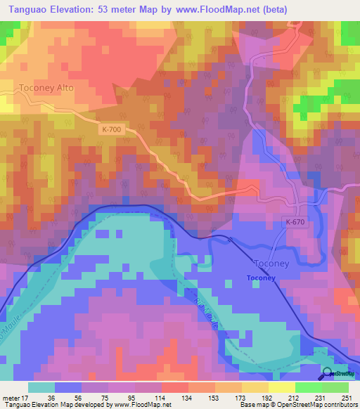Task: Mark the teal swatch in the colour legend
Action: [x=41, y=387]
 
